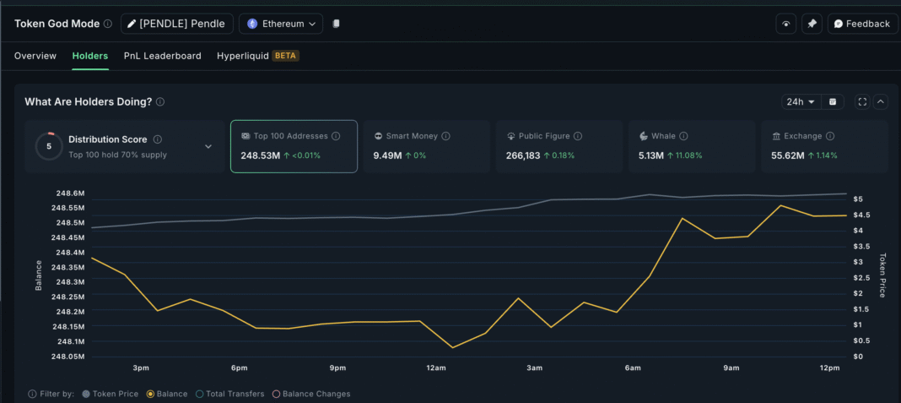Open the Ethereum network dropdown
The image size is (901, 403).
pos(281,24)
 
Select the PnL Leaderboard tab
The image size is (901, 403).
pos(162,56)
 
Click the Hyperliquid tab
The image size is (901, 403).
pos(242,56)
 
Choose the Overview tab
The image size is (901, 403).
pos(35,56)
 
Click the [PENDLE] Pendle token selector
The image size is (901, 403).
pos(176,24)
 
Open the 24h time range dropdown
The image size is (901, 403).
pos(801,101)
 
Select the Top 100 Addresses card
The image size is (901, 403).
pos(294,146)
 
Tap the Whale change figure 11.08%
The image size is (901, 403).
pos(688,155)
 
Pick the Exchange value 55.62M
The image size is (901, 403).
pos(788,155)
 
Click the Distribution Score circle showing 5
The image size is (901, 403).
pos(49,146)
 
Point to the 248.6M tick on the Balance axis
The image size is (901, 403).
pos(70,193)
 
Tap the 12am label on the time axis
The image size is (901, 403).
pos(436,368)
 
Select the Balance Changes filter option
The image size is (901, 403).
pos(311,394)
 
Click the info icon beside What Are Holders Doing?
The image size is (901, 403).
pos(160,101)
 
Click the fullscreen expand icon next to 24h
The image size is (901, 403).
pos(862,101)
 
